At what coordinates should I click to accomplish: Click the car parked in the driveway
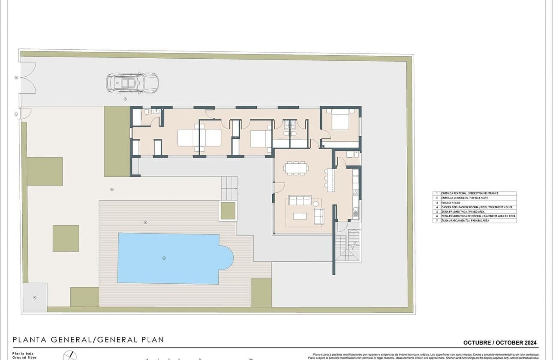132,83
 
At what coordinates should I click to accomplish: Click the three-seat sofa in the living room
300,200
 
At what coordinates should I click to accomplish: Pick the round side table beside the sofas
316,202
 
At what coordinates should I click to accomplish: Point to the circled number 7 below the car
125,99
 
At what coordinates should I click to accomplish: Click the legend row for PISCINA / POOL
474,203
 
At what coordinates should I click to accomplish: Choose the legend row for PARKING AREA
474,221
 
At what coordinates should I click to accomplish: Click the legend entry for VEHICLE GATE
474,198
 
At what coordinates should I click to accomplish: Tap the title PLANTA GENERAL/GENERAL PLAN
88,340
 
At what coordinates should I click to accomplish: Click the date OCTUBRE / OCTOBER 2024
499,343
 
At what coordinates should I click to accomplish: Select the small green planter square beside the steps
228,210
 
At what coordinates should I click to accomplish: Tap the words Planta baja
23,353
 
